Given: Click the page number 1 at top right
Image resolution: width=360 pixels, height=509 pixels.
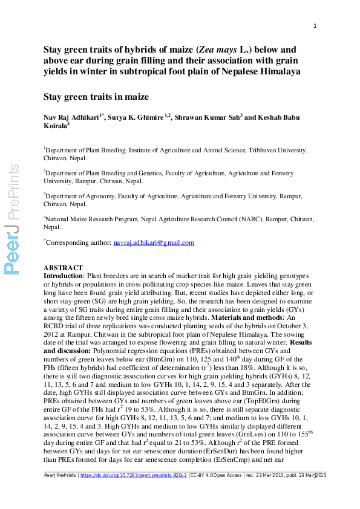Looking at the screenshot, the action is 315,25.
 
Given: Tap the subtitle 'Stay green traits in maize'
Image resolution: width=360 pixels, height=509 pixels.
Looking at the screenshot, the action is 96,96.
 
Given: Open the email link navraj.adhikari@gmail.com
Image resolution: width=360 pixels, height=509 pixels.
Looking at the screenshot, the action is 154,242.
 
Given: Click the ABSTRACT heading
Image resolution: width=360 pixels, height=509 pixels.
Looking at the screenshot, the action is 64,268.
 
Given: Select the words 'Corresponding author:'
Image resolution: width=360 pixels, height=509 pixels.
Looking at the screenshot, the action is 79,242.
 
